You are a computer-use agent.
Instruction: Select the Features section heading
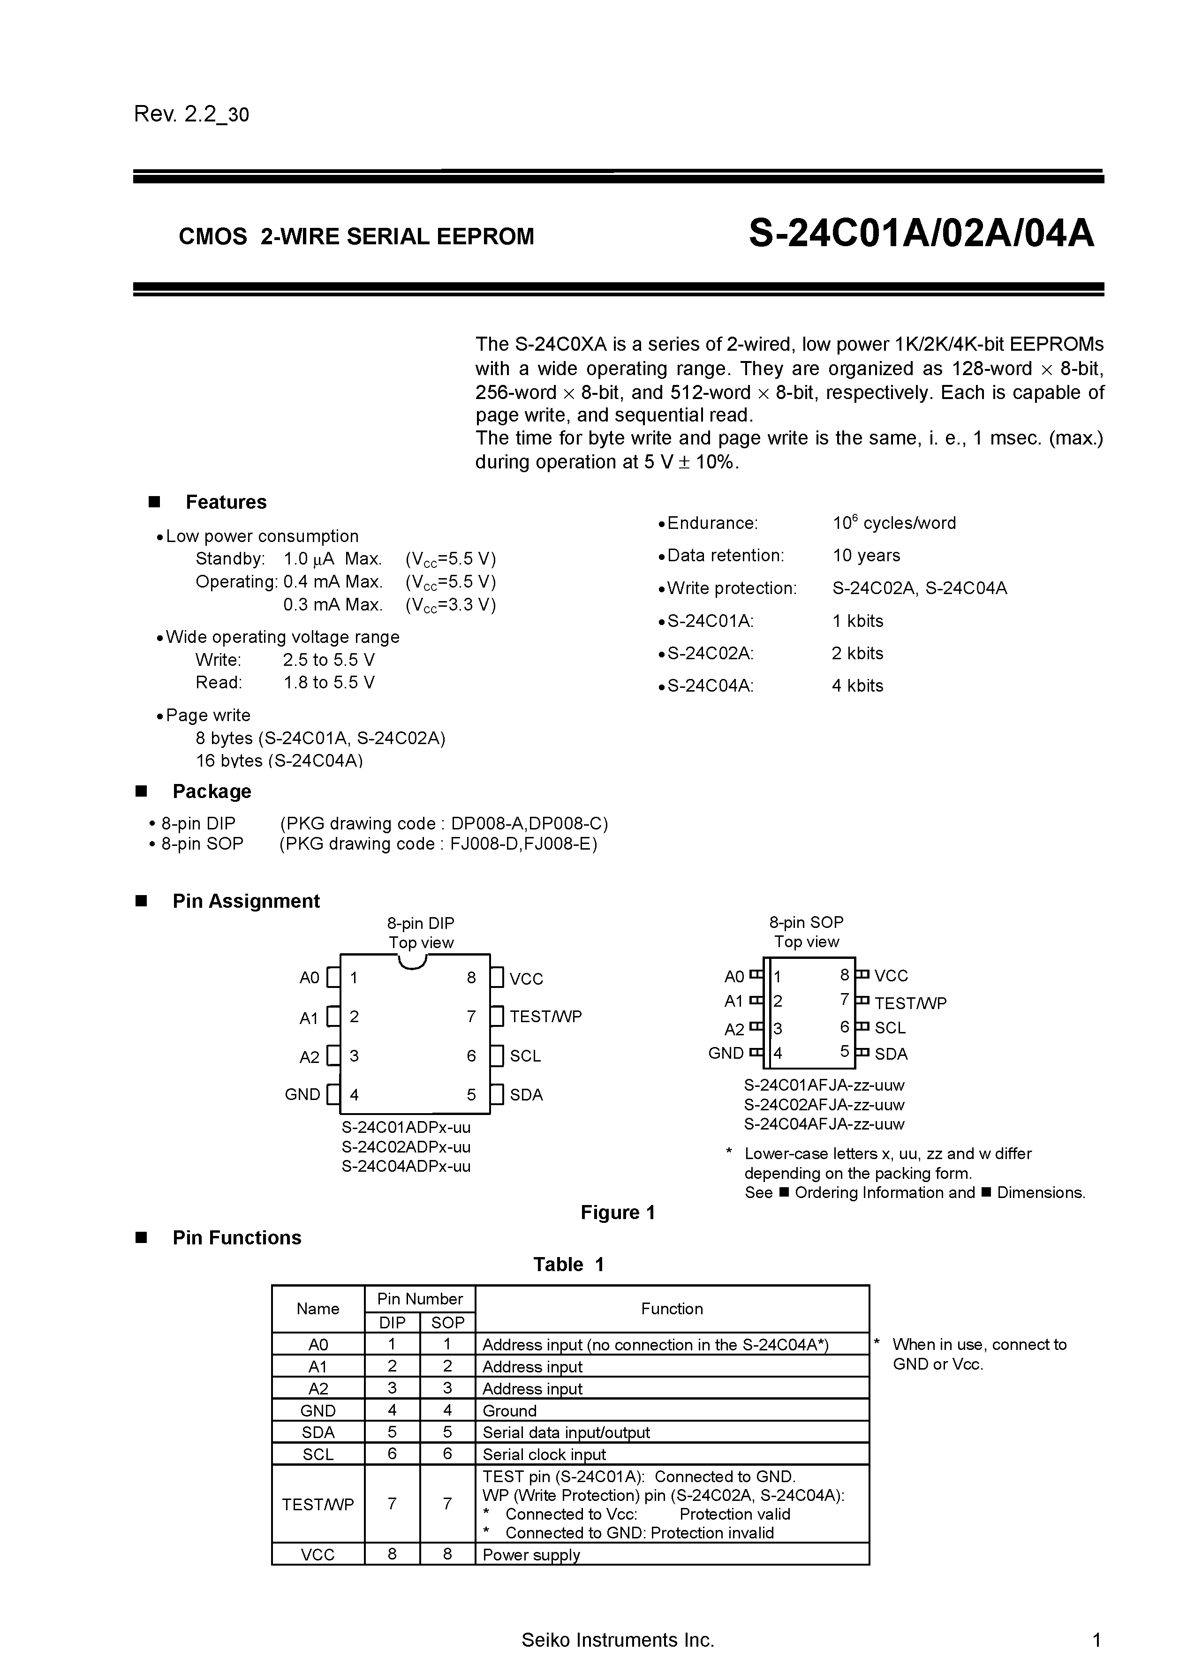[x=226, y=502]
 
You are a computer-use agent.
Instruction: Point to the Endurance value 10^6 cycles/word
[x=893, y=523]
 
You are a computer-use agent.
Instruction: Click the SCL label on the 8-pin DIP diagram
[x=525, y=1056]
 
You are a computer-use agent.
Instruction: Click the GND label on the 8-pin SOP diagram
[x=725, y=1053]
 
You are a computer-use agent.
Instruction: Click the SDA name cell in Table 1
[x=318, y=1432]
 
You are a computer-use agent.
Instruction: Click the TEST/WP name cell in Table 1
[x=318, y=1504]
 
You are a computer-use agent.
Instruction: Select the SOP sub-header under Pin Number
[x=447, y=1322]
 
